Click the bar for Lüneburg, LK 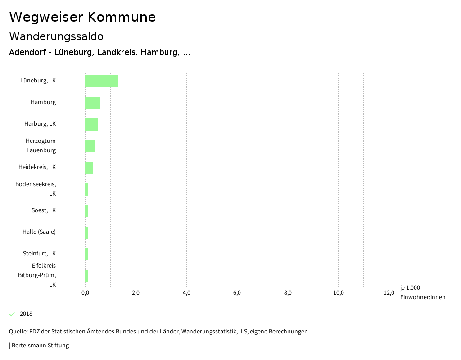click(x=101, y=81)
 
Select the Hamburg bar click(x=93, y=103)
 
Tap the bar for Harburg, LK click(x=91, y=124)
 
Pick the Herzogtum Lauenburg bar click(x=90, y=146)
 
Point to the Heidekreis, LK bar click(x=89, y=168)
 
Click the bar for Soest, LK click(x=86, y=211)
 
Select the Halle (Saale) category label click(x=39, y=232)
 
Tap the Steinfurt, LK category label click(x=39, y=254)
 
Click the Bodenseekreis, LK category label click(x=36, y=189)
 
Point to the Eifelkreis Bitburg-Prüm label click(x=37, y=275)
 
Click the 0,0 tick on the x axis click(x=85, y=293)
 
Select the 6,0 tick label click(x=237, y=293)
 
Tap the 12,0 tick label click(x=389, y=293)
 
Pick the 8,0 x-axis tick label click(x=288, y=293)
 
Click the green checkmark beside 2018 click(x=12, y=314)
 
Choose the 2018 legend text click(x=26, y=314)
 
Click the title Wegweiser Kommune click(x=82, y=17)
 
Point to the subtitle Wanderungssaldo click(x=56, y=36)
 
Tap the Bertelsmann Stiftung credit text click(x=40, y=346)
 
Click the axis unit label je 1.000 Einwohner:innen click(x=422, y=292)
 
